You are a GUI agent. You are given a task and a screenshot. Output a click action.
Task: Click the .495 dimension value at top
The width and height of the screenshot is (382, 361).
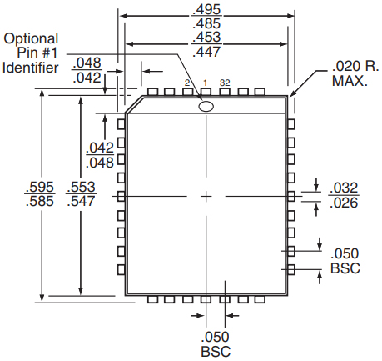(x=207, y=9)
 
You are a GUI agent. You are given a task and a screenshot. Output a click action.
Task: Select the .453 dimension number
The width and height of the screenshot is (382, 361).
(x=207, y=37)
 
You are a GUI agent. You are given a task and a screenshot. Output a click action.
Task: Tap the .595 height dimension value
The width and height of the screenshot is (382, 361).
(x=40, y=187)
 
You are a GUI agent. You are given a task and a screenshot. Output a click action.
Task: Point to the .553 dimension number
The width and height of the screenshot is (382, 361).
(x=81, y=187)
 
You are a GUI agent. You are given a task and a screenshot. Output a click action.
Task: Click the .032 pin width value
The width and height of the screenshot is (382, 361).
(x=344, y=188)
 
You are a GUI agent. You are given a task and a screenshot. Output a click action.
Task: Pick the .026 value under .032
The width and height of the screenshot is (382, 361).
(x=344, y=203)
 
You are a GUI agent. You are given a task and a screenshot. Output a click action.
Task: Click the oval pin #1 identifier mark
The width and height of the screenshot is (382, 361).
(x=206, y=107)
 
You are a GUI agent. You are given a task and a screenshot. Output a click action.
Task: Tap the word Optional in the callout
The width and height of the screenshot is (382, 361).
(x=31, y=39)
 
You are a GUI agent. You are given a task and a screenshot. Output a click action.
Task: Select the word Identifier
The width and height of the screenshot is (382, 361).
(x=31, y=68)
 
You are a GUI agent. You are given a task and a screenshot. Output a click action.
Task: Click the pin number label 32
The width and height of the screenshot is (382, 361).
(x=225, y=83)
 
